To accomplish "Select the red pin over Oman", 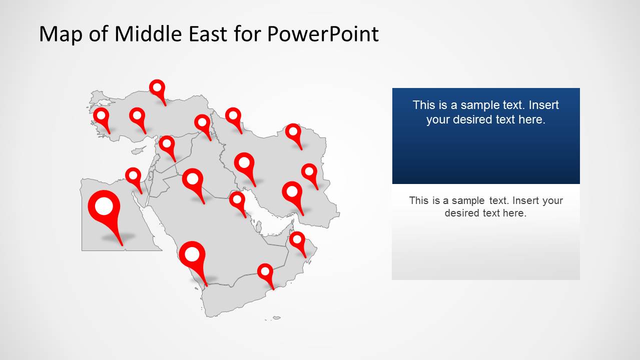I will [297, 240].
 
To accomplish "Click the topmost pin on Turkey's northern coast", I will [158, 88].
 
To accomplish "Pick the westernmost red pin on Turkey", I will [102, 117].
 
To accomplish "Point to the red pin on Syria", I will [167, 144].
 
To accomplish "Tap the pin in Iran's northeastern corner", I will [293, 133].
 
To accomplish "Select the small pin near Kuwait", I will [237, 201].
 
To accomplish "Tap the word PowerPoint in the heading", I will [323, 34].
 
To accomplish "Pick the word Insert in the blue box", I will [543, 105].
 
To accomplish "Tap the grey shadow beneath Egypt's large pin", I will [118, 237].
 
